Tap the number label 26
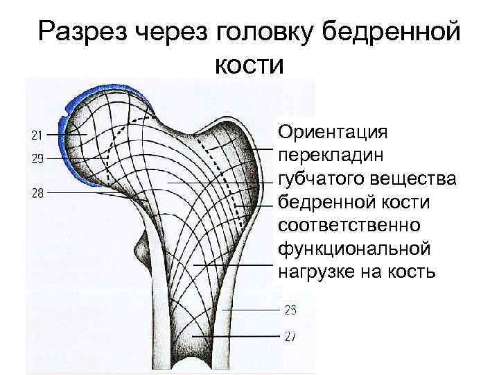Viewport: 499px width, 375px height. pyautogui.click(x=290, y=309)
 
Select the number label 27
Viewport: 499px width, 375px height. pyautogui.click(x=290, y=336)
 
